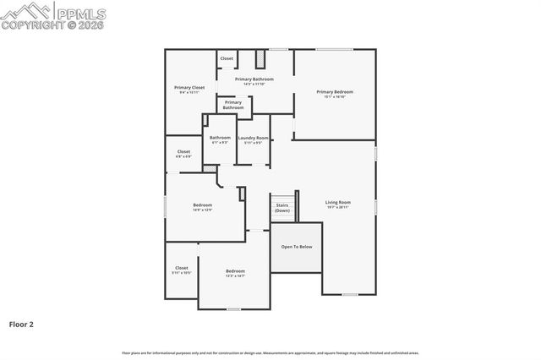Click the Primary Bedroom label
click(x=335, y=94)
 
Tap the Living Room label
click(x=338, y=204)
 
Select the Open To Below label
click(x=297, y=247)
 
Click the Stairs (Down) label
click(x=282, y=208)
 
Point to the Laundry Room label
click(x=253, y=139)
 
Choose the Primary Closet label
click(x=189, y=89)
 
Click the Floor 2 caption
click(x=21, y=324)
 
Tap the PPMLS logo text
click(x=79, y=14)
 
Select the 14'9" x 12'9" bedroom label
click(x=202, y=206)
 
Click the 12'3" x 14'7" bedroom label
click(x=235, y=273)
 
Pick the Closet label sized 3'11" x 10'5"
click(x=182, y=270)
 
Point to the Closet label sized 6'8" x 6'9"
click(x=183, y=154)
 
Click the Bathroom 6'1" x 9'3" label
click(x=220, y=139)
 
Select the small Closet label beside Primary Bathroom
click(x=227, y=58)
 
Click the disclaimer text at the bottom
click(x=270, y=352)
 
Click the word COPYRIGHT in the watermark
click(x=31, y=25)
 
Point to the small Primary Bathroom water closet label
click(x=233, y=106)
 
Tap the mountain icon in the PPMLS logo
click(x=25, y=10)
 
